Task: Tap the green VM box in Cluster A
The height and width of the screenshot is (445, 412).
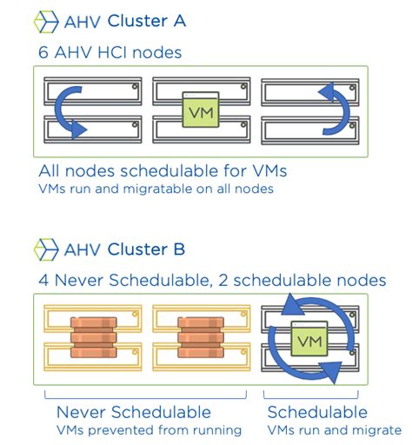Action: [x=200, y=112]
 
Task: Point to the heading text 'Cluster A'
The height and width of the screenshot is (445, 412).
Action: [x=147, y=21]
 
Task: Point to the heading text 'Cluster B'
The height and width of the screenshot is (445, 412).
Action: [x=147, y=250]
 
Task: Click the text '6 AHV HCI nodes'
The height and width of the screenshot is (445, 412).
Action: [x=110, y=53]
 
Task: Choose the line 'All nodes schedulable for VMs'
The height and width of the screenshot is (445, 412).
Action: [x=163, y=169]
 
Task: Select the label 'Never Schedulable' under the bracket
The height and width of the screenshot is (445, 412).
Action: [x=133, y=411]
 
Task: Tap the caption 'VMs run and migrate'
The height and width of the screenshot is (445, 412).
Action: [x=334, y=429]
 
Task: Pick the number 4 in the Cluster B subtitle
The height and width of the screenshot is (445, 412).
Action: [x=43, y=281]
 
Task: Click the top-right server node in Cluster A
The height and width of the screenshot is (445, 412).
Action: [x=309, y=90]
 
